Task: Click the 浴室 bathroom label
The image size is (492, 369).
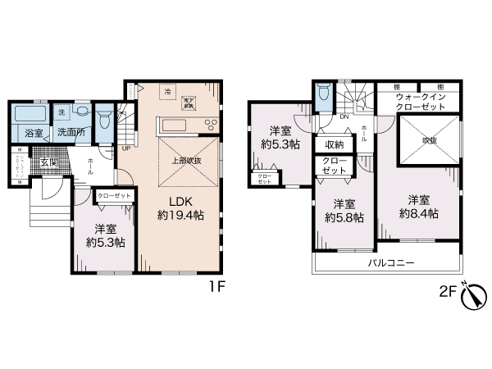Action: click(x=34, y=132)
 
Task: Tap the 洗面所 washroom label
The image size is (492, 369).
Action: click(x=71, y=132)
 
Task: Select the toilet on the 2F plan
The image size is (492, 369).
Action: click(x=325, y=99)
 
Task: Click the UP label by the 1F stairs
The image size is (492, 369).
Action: click(x=125, y=149)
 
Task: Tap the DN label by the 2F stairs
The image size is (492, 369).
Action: click(x=344, y=116)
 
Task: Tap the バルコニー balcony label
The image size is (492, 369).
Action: click(x=389, y=263)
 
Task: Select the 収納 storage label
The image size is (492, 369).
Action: click(x=335, y=145)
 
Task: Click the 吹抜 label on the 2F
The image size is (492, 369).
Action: click(x=429, y=140)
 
